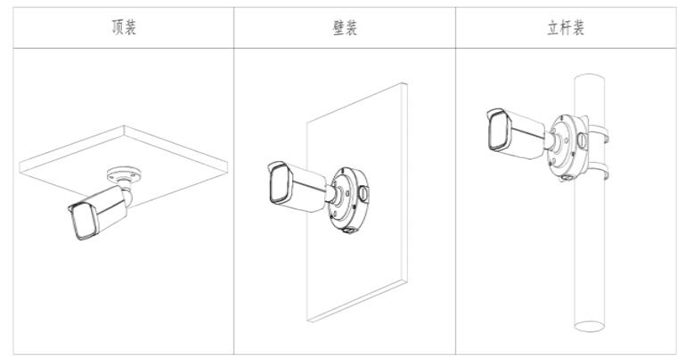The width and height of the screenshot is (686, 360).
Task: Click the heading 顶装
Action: pyautogui.click(x=124, y=27)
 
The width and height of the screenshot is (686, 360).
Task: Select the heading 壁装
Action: pyautogui.click(x=345, y=27)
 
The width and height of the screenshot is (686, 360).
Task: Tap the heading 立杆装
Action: pyautogui.click(x=566, y=27)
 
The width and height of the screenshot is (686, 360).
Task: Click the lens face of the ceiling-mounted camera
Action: pyautogui.click(x=85, y=221)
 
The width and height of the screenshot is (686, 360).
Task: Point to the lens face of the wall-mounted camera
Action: pyautogui.click(x=280, y=184)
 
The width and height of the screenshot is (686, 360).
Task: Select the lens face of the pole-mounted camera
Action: pyautogui.click(x=498, y=129)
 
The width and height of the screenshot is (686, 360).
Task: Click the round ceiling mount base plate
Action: pyautogui.click(x=124, y=175)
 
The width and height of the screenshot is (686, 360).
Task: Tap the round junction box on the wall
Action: pyautogui.click(x=348, y=200)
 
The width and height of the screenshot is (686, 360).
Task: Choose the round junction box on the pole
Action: pyautogui.click(x=568, y=147)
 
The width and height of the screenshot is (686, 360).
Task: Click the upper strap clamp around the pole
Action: pyautogui.click(x=599, y=133)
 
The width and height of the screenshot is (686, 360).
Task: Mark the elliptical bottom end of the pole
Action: pyautogui.click(x=589, y=326)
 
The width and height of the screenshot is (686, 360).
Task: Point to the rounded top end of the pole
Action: pyautogui.click(x=589, y=77)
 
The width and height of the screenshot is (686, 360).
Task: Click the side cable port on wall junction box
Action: pyautogui.click(x=363, y=192)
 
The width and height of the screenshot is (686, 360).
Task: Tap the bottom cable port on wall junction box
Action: pyautogui.click(x=349, y=230)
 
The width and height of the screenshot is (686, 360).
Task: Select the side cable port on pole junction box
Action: pyautogui.click(x=582, y=140)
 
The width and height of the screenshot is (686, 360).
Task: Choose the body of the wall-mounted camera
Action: pyautogui.click(x=297, y=187)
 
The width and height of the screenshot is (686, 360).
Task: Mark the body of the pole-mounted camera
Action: pyautogui.click(x=515, y=133)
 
